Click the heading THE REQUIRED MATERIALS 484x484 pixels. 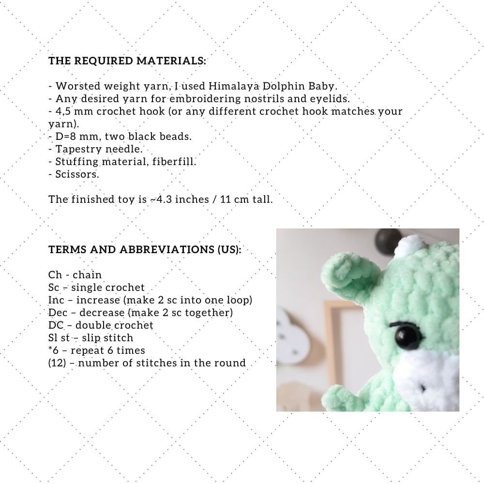click(x=127, y=61)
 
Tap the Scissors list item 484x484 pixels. click(x=77, y=174)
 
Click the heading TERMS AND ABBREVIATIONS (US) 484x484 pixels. click(x=145, y=250)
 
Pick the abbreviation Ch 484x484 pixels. click(x=55, y=275)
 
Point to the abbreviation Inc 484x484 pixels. click(x=56, y=300)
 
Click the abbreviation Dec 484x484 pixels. click(x=57, y=313)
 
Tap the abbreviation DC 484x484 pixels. click(x=56, y=325)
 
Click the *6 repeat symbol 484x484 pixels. click(x=54, y=350)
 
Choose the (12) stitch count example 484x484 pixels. click(x=56, y=363)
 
